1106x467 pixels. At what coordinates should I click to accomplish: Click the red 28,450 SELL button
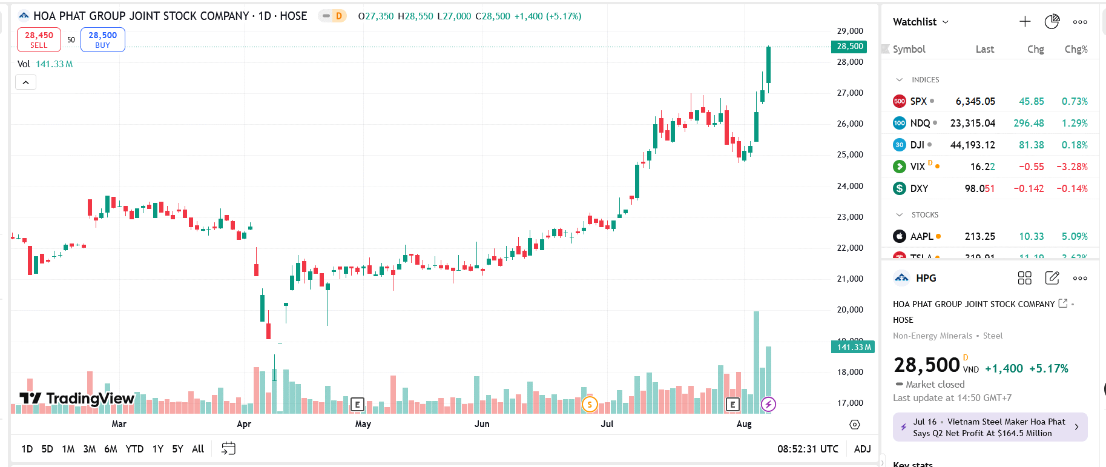click(39, 39)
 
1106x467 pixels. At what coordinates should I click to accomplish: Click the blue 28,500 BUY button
click(102, 39)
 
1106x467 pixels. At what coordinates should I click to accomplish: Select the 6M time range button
click(110, 449)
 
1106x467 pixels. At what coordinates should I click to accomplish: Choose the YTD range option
click(134, 449)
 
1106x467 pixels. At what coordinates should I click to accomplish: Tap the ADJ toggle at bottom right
click(862, 449)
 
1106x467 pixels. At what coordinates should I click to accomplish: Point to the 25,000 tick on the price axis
click(850, 154)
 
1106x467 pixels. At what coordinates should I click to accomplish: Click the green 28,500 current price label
click(850, 47)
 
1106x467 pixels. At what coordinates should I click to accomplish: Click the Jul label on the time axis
click(607, 424)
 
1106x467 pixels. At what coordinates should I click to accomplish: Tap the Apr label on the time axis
click(244, 424)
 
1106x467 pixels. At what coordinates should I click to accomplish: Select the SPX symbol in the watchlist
click(918, 101)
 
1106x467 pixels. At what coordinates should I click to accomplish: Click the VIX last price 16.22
click(982, 167)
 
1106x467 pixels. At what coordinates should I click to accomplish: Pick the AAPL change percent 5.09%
click(1075, 236)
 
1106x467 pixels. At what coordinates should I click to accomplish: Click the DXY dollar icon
click(900, 188)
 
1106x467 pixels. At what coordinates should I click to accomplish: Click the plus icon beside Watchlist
click(1025, 22)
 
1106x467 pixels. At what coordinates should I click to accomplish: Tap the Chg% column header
click(1076, 49)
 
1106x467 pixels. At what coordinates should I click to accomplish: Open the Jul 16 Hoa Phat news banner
click(990, 427)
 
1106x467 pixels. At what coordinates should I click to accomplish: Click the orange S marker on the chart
click(589, 404)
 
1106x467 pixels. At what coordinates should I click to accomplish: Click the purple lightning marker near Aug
click(768, 404)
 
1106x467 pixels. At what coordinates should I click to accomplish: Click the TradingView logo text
click(90, 398)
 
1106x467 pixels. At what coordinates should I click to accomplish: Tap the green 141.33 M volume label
click(854, 347)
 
